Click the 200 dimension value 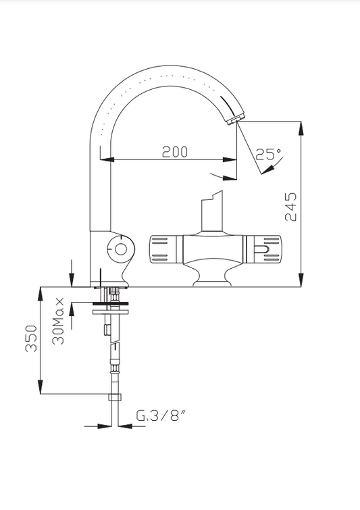[175, 151]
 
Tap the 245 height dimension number [290, 207]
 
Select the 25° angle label [268, 154]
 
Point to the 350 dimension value [32, 338]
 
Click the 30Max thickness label [58, 321]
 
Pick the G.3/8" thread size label [161, 415]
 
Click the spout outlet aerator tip [235, 120]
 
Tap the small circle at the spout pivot [121, 250]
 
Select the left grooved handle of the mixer [163, 249]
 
